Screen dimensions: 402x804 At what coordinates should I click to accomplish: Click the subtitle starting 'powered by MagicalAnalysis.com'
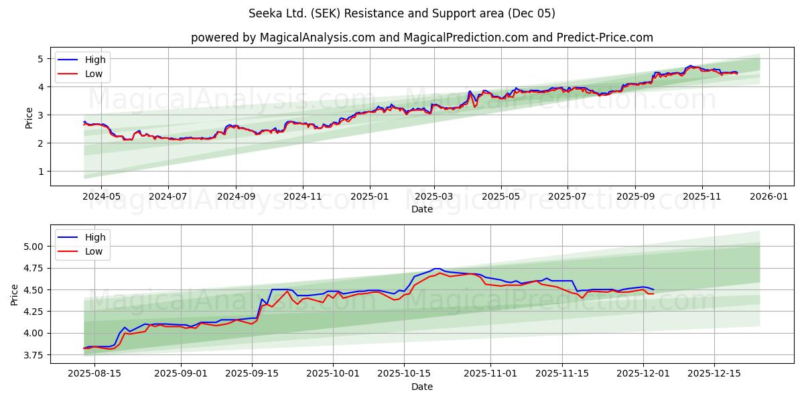421,38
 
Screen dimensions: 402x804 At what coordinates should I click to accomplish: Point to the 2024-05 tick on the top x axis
101,197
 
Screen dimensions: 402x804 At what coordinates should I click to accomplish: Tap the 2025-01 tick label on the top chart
370,197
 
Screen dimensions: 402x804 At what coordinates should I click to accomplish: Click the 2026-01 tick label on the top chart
768,197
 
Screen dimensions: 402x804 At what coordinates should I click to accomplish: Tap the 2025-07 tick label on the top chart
567,197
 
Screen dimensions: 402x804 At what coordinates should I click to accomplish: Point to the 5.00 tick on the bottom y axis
34,247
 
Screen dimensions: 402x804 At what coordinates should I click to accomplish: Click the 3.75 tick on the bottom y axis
34,355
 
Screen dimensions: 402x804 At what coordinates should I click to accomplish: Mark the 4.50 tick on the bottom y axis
34,290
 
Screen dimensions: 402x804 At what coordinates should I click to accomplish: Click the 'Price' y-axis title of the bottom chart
15,293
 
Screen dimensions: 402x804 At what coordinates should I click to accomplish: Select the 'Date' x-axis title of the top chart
421,209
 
